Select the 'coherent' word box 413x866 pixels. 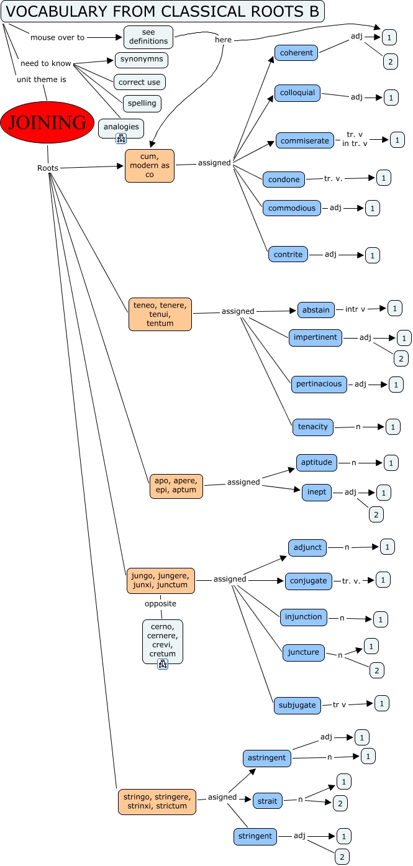296,53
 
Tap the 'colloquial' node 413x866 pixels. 297,93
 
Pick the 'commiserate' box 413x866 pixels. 305,141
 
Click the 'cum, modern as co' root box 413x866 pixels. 150,165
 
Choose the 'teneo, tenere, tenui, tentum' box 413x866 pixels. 160,314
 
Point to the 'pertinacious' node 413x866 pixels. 319,384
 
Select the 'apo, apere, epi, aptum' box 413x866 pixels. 176,486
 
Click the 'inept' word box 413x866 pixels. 317,492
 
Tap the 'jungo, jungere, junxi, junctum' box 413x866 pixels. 161,580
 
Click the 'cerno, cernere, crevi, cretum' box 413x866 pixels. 163,640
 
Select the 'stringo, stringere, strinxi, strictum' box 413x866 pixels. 157,801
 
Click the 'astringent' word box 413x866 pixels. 266,758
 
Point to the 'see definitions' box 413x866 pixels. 148,37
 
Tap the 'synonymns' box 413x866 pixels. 142,60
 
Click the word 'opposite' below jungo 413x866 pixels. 160,604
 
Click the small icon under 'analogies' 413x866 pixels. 121,139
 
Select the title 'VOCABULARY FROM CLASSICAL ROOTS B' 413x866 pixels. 162,11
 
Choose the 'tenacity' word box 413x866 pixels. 313,427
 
